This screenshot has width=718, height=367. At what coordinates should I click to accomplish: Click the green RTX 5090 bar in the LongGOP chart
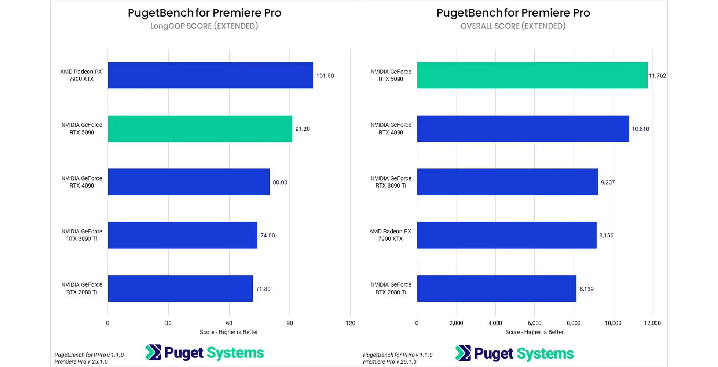click(200, 129)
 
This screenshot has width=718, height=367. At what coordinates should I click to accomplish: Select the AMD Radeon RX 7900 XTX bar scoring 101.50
click(210, 75)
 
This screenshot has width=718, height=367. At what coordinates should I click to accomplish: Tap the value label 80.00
click(280, 182)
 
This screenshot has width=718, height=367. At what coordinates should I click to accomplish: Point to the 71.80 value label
click(263, 289)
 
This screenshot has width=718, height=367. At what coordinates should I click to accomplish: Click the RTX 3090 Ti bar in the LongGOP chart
click(182, 235)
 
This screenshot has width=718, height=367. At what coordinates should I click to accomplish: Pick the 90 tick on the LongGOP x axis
click(290, 323)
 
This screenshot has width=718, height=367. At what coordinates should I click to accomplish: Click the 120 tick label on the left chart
click(350, 323)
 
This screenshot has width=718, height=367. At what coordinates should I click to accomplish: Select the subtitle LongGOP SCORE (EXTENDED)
click(204, 26)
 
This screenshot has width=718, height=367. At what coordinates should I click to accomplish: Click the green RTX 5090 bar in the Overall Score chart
click(532, 75)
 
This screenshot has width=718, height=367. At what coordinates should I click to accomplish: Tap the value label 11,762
click(657, 76)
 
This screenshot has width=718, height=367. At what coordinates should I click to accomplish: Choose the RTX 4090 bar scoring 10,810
click(523, 129)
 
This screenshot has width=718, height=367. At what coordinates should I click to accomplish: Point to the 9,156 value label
click(606, 236)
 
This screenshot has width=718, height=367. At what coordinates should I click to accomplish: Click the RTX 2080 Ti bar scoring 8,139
click(497, 288)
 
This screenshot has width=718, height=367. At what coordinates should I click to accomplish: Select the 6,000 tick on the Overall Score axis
click(534, 323)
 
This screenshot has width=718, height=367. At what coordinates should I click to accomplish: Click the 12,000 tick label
click(652, 323)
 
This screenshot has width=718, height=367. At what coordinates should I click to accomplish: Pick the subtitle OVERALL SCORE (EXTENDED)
click(513, 26)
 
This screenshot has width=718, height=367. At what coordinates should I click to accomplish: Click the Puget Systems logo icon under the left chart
click(153, 352)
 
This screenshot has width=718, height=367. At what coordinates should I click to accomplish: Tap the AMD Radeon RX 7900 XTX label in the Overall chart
click(390, 235)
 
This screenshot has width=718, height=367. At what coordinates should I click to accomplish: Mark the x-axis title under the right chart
click(534, 332)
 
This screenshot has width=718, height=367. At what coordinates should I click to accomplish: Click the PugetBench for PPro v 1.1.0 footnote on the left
click(89, 355)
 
